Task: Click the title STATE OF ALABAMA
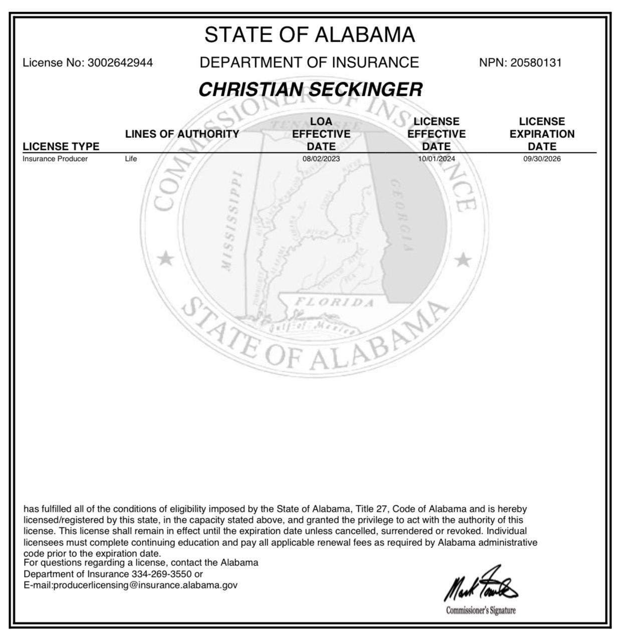tap(310, 35)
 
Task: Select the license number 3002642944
tap(120, 63)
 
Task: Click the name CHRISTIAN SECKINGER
tap(310, 90)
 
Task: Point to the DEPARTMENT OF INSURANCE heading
tap(309, 63)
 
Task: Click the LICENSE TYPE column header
tap(61, 146)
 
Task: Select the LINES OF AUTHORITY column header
tap(182, 134)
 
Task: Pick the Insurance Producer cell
tap(55, 159)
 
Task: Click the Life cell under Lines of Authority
tap(131, 159)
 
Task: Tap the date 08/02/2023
tap(321, 159)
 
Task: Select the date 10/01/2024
tap(437, 159)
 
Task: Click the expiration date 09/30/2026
tap(542, 159)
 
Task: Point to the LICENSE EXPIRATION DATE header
tap(542, 134)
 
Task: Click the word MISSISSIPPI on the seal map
tap(232, 221)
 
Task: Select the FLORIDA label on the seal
tap(334, 302)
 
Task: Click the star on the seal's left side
tap(165, 259)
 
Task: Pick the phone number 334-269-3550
tap(161, 574)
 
